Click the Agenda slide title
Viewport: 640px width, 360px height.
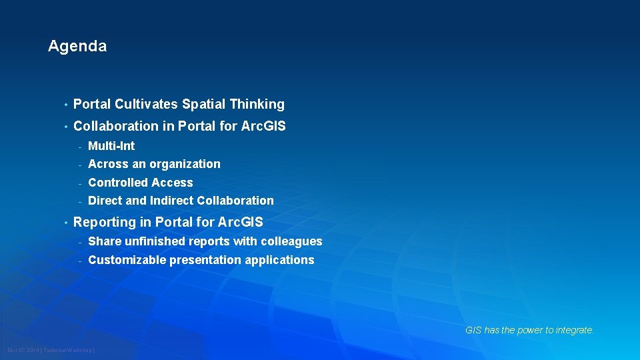tap(77, 46)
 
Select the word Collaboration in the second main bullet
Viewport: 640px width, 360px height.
tap(115, 126)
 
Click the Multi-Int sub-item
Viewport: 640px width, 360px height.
tap(111, 146)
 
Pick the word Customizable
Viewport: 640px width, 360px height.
tap(127, 260)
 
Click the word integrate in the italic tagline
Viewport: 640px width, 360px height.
tap(575, 330)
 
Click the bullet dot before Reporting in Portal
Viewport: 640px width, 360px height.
tap(65, 223)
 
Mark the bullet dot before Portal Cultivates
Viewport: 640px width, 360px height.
tap(65, 105)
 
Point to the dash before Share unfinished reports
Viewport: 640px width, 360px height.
tap(79, 242)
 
